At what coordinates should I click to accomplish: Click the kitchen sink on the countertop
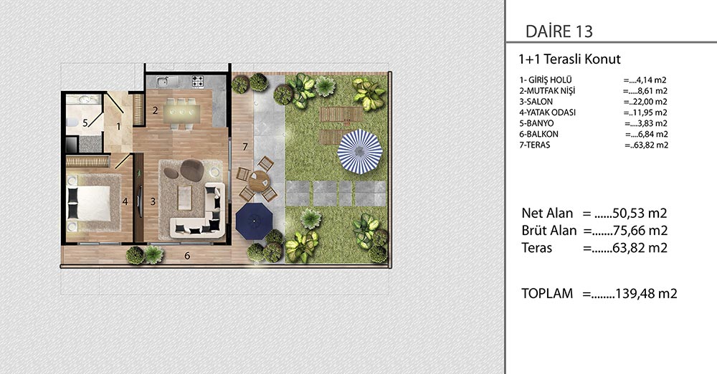point(162,82)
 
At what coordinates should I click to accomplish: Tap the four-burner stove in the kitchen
point(198,82)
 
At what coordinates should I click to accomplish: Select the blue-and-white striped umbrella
point(360,152)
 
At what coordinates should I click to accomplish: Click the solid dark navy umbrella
point(255,221)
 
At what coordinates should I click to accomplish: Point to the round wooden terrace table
point(260,181)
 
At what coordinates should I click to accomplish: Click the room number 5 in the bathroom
point(85,123)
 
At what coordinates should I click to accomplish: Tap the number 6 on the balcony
point(187,256)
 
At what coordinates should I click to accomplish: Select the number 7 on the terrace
point(245,147)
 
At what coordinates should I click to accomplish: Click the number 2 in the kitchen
point(156,110)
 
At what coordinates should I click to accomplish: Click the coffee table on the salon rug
point(184,198)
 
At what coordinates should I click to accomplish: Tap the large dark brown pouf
point(191,170)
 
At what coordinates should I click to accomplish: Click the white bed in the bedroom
point(90,203)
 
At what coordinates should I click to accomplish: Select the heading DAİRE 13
point(559,32)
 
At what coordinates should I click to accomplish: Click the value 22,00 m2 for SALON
point(645,102)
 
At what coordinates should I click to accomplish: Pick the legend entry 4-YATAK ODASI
point(547,112)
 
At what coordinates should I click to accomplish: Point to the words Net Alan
point(547,214)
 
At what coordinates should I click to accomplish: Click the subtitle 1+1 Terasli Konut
point(569,59)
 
